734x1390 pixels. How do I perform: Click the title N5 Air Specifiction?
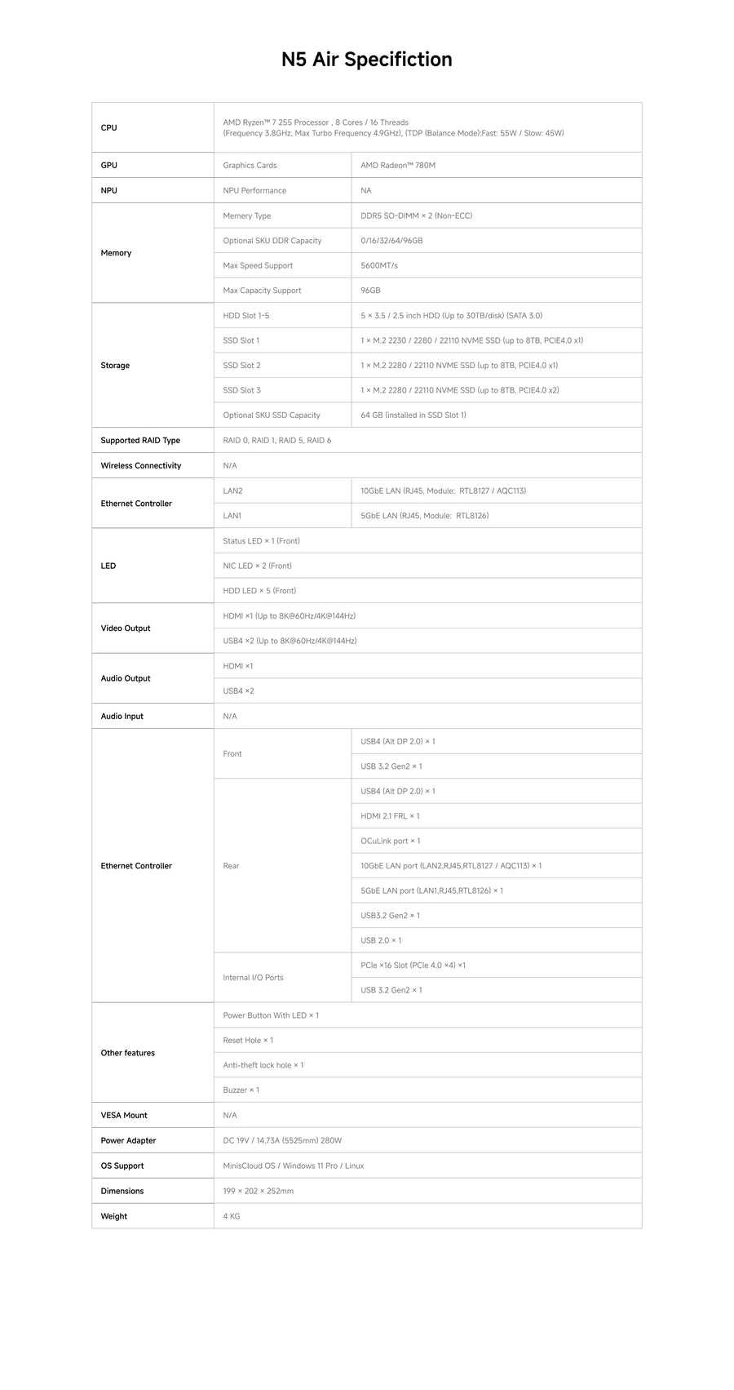tap(366, 60)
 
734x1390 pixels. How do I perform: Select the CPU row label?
tap(108, 127)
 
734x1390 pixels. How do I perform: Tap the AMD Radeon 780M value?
tap(398, 165)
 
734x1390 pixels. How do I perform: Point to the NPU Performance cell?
tap(254, 190)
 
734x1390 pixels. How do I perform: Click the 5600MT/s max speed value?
tap(379, 265)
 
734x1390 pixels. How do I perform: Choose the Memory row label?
tap(116, 253)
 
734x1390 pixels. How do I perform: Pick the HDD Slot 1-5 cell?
tap(245, 315)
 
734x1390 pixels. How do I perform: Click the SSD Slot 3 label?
tap(241, 390)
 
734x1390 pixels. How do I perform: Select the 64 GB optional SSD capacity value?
tap(413, 415)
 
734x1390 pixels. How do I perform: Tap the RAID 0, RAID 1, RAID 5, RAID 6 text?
tap(276, 440)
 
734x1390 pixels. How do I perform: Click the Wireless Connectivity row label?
tap(141, 465)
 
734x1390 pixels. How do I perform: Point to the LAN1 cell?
tap(232, 516)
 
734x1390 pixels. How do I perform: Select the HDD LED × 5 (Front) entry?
tap(259, 590)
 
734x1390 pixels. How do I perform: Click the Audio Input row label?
tap(122, 716)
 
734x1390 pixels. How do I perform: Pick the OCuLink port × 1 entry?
tap(390, 841)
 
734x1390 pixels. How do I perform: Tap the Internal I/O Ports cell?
tap(253, 977)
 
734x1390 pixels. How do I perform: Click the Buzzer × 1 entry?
tap(241, 1090)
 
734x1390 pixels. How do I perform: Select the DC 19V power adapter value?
tap(282, 1140)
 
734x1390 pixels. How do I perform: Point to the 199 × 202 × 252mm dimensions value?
tap(258, 1191)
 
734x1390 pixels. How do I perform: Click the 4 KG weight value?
tap(231, 1216)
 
